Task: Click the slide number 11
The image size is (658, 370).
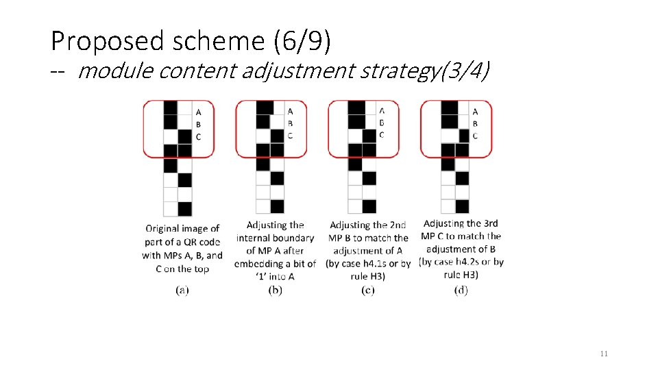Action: coord(604,354)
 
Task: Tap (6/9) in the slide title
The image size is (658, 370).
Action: coord(302,42)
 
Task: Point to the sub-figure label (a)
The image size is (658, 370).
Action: coord(182,291)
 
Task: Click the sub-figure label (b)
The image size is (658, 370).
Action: coord(276,291)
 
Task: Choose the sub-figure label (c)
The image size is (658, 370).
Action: coord(367,291)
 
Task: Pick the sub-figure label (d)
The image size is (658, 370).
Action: coord(461,291)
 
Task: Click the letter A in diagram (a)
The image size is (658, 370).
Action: coord(198,112)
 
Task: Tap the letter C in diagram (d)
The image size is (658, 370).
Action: coord(475,136)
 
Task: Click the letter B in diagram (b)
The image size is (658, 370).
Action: coord(290,124)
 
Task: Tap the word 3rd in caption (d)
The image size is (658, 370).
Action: coord(490,223)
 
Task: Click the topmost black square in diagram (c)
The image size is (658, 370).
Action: coord(356,108)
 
